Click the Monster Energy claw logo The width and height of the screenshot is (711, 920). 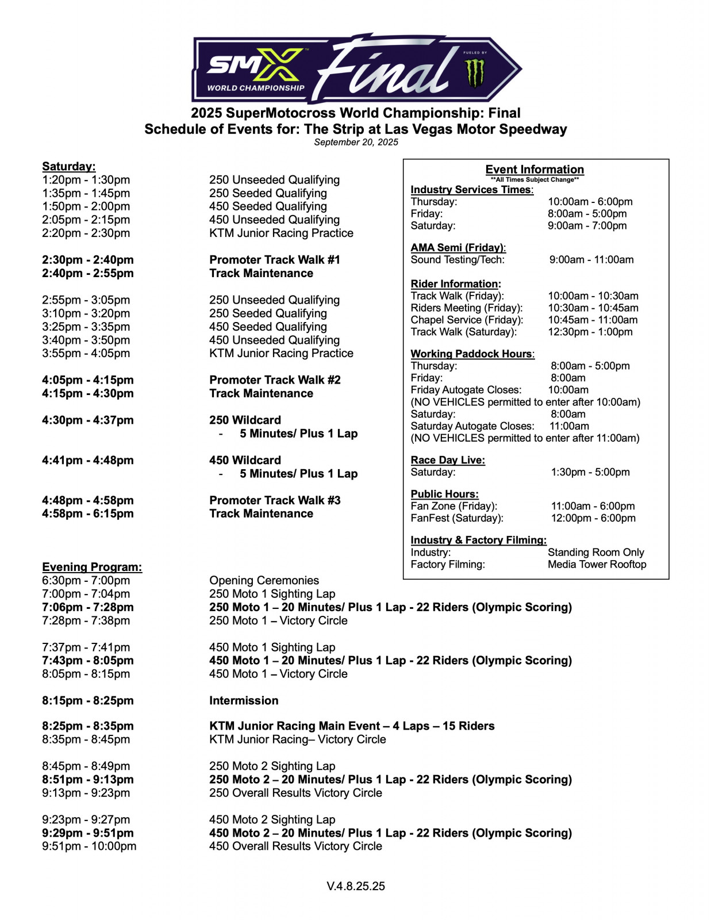(x=475, y=74)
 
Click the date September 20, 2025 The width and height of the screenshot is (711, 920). (x=356, y=142)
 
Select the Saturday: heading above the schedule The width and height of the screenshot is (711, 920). (x=69, y=166)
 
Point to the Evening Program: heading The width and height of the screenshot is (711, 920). (x=92, y=567)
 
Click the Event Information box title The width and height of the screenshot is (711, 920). (x=535, y=169)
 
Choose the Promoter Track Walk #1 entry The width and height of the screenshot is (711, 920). (x=275, y=260)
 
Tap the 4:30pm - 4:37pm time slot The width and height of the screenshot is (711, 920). (x=87, y=420)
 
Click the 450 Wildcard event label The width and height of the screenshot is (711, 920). (x=245, y=460)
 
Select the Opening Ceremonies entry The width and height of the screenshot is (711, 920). (x=264, y=580)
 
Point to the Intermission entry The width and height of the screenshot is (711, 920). (x=244, y=700)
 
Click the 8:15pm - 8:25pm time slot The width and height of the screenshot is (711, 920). (x=87, y=700)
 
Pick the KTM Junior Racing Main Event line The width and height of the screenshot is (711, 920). (x=352, y=726)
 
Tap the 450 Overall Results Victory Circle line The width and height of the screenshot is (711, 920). (x=295, y=846)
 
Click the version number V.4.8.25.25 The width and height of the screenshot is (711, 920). (x=356, y=886)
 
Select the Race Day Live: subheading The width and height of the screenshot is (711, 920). (x=448, y=460)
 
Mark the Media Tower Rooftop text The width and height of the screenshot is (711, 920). (x=597, y=564)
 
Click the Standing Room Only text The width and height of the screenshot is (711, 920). (x=595, y=552)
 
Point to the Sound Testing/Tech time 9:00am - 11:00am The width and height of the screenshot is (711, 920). (x=591, y=260)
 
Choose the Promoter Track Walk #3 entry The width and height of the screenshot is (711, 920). (x=275, y=500)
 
